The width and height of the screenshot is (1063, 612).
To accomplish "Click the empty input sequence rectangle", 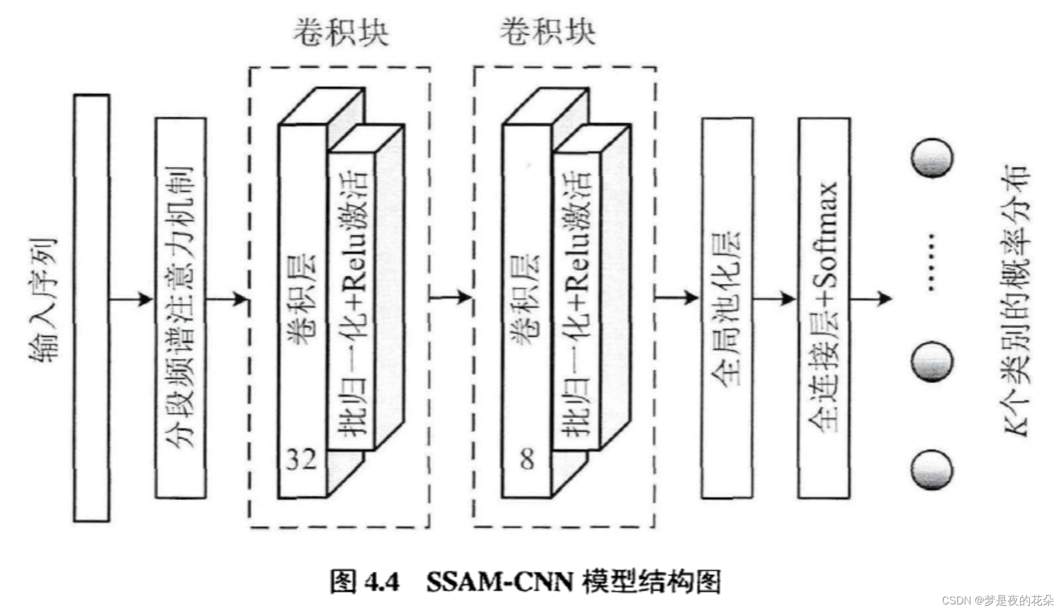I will [91, 308].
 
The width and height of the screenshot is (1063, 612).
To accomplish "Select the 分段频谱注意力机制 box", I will [181, 308].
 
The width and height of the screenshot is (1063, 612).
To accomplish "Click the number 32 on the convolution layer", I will [301, 459].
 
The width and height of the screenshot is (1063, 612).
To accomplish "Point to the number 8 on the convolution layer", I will [527, 459].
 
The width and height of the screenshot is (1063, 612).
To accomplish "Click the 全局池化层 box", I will [727, 308].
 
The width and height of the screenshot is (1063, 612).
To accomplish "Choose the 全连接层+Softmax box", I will [824, 308].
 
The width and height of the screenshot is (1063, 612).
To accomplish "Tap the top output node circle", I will [932, 157].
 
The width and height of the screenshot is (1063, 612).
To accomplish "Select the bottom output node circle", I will [932, 469].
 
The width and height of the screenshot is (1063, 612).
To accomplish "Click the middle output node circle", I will [932, 362].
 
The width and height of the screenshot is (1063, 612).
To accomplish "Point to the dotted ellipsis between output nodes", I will [931, 262].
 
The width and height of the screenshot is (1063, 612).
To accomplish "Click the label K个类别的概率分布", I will [1016, 300].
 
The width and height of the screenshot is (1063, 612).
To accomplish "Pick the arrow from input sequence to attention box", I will [132, 300].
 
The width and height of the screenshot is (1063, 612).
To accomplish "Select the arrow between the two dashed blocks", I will [451, 297].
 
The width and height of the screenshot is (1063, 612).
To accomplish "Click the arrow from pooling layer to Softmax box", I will [775, 299].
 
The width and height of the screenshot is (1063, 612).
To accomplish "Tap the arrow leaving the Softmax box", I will [871, 299].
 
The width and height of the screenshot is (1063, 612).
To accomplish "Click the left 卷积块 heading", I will [341, 32].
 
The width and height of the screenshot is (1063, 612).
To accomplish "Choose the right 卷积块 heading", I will [547, 32].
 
